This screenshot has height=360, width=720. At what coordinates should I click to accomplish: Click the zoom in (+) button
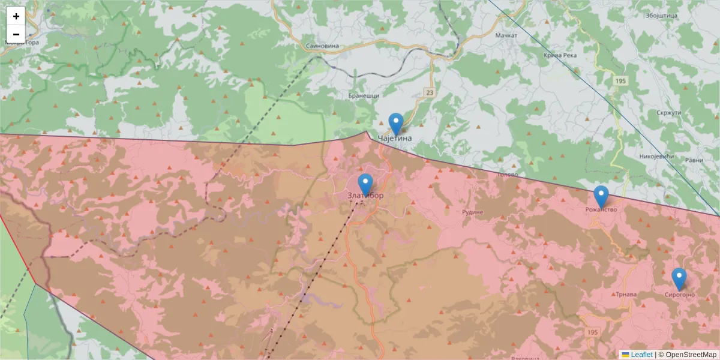coord(16,16)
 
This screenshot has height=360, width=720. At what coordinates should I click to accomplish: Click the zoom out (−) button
coord(16,34)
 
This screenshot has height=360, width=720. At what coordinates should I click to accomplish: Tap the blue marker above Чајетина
coord(396,124)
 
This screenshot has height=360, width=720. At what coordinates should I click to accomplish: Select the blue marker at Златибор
coord(365,185)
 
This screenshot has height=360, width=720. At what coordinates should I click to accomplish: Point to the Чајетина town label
coord(395,139)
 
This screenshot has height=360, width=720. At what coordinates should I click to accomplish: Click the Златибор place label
coord(365,196)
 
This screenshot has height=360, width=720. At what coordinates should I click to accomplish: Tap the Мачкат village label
coord(506,36)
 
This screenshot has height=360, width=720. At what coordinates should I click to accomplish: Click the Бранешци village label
coord(364,96)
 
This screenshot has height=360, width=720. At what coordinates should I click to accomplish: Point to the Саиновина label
coord(323,46)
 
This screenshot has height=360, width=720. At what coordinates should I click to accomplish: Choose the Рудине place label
coord(473,212)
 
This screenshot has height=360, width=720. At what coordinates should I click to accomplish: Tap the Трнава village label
coord(626,295)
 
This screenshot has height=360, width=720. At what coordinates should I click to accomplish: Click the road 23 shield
coord(430,92)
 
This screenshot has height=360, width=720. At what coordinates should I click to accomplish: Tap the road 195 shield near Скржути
coord(620,80)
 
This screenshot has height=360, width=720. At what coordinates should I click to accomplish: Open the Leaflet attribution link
coord(641,355)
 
